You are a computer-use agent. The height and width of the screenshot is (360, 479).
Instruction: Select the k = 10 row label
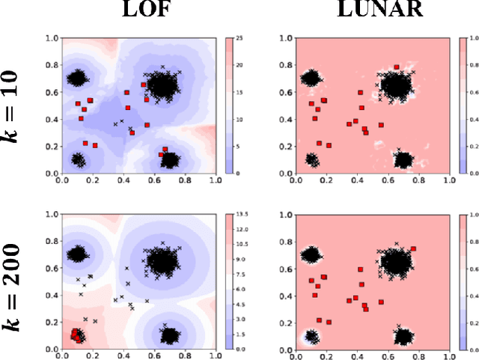click(x=14, y=106)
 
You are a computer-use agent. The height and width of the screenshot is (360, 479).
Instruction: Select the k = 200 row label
click(x=14, y=279)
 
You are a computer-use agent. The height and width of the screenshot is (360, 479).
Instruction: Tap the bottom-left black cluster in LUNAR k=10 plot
click(x=312, y=160)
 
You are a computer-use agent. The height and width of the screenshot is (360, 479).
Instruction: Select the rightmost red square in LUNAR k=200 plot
click(x=414, y=249)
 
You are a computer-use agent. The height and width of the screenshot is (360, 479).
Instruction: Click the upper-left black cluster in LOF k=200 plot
click(x=77, y=254)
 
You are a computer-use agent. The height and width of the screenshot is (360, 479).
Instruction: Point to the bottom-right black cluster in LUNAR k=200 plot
click(x=403, y=335)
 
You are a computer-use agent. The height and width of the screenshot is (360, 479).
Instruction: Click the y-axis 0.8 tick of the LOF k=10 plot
click(x=52, y=64)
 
